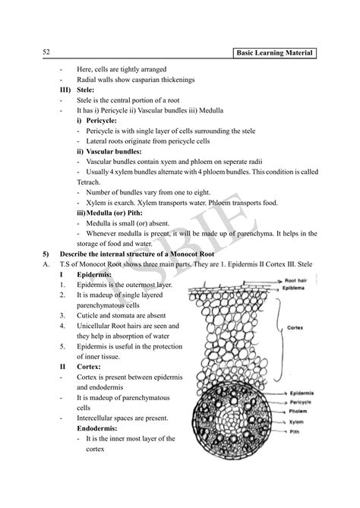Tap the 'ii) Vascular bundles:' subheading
[x=109, y=151]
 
